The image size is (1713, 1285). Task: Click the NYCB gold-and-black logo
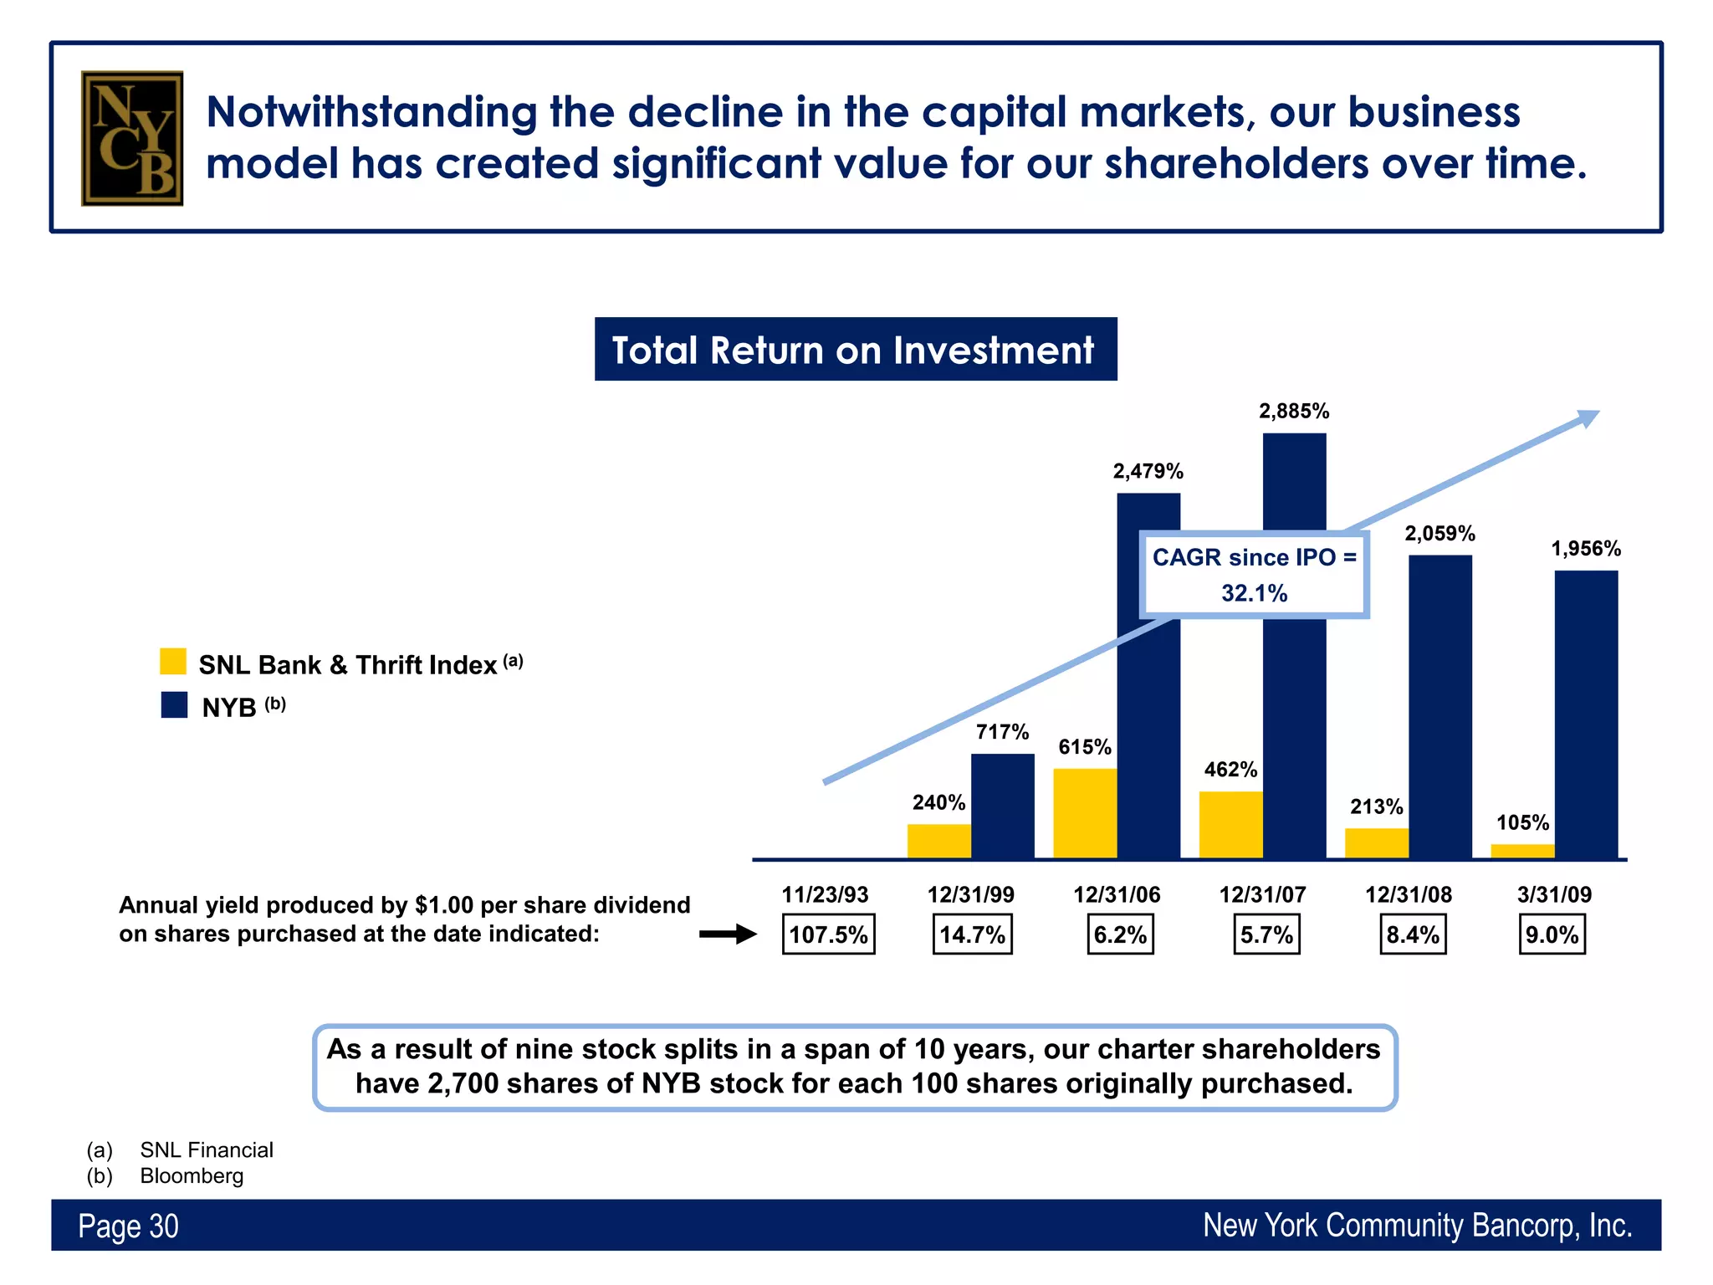point(132,138)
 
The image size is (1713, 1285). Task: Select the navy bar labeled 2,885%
point(1294,485)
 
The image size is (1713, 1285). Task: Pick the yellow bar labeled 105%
point(1522,851)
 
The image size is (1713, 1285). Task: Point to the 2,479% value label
point(1148,472)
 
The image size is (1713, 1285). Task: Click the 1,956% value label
point(1586,549)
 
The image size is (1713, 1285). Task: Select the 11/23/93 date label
point(825,894)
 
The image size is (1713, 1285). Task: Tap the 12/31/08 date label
point(1409,894)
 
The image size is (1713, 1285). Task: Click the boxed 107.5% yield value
point(828,934)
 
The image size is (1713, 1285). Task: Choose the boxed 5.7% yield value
point(1266,934)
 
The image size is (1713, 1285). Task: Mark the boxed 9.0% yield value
point(1552,934)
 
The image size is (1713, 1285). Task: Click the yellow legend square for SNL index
point(173,661)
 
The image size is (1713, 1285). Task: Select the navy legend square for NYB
point(174,704)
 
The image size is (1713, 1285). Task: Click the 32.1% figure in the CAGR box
point(1254,593)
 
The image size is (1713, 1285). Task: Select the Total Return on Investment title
point(855,350)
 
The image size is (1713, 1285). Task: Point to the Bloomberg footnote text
point(192,1175)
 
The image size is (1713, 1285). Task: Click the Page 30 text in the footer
point(128,1226)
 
